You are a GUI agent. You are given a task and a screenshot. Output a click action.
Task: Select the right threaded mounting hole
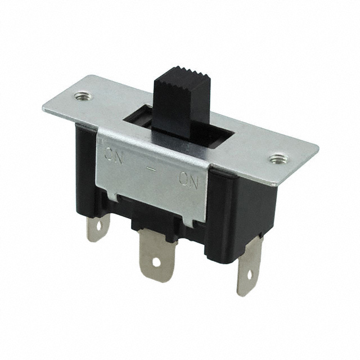coord(275,159)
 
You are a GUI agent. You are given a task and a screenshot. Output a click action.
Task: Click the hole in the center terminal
coord(155,261)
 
